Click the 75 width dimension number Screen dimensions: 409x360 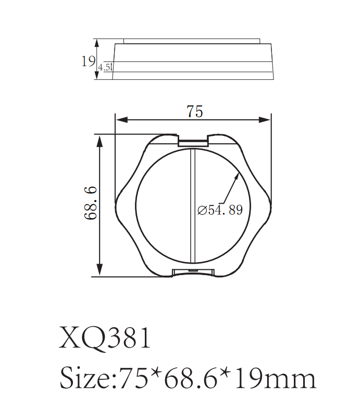194,111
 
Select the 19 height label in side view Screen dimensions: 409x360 88,61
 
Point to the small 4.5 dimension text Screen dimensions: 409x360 104,67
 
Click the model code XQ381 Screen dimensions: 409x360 105,338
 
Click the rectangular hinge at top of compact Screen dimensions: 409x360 193,141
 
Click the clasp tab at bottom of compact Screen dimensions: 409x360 193,272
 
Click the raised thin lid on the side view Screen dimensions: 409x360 192,41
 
